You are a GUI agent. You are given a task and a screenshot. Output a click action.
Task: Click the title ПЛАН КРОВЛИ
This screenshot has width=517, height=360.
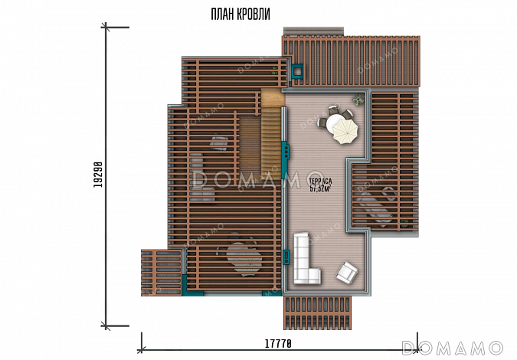point(241,15)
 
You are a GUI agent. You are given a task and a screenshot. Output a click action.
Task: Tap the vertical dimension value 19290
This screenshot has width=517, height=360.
point(97,175)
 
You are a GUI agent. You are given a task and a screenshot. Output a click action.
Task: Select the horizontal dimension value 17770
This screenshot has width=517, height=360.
point(279,344)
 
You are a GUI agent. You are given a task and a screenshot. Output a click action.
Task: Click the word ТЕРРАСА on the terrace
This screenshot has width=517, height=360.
point(320,181)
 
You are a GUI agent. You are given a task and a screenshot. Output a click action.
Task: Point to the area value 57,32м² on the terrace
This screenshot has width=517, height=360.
point(320,188)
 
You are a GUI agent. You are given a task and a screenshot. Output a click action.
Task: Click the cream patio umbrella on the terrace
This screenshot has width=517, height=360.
point(345,131)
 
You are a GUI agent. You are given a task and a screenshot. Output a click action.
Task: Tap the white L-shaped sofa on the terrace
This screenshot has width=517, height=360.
point(306,258)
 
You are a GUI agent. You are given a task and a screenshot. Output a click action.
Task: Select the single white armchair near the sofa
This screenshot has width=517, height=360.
point(347,273)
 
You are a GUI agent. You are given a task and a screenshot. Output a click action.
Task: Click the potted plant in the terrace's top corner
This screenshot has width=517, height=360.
point(358,99)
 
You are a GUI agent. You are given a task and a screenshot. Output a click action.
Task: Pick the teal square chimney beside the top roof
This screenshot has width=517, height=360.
point(298,71)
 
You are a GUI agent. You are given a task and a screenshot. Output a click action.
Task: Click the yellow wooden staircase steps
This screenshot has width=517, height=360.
point(271,142)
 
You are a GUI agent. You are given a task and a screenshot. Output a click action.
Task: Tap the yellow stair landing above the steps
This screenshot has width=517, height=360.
point(273,97)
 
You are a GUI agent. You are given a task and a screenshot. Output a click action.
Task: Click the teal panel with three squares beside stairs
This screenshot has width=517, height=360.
point(286,152)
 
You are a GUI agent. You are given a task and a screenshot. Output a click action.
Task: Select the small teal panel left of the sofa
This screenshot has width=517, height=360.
point(286,257)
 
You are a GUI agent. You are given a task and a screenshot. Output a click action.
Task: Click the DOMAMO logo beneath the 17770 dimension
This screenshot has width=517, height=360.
point(453,348)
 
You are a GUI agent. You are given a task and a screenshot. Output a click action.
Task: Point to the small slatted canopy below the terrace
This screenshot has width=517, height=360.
point(317,313)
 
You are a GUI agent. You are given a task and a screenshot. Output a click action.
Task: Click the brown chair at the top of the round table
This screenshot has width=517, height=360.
point(334,109)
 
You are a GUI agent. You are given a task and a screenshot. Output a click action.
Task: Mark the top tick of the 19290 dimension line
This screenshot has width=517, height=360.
point(106,27)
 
